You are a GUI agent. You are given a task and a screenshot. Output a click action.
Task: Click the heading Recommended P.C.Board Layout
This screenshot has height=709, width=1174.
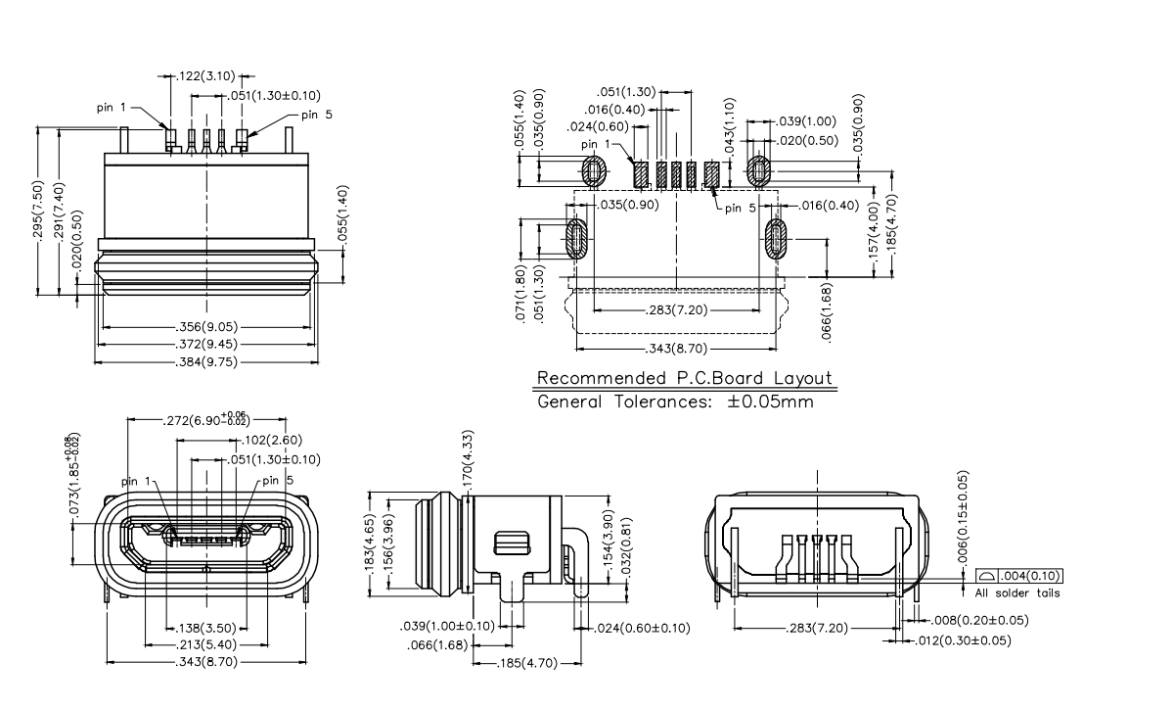(x=685, y=379)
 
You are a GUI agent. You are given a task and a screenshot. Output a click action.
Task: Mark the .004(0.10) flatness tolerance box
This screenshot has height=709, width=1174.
(x=1019, y=577)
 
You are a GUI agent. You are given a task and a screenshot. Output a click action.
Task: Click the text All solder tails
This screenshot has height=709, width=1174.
(x=1017, y=593)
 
